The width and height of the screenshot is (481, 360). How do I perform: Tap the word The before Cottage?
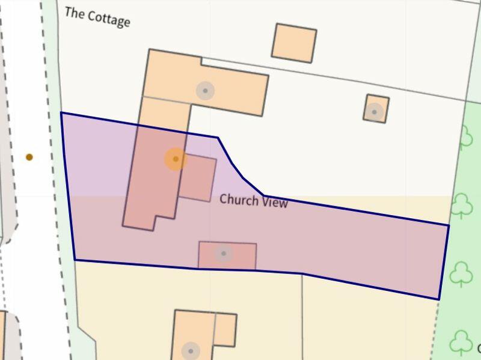pos(75,13)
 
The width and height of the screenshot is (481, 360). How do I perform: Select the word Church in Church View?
pos(239,199)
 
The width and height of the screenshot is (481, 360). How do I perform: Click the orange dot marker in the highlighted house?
pos(176,159)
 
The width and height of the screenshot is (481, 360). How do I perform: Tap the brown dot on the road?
pos(29,157)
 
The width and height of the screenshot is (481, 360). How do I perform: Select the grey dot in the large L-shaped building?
pos(205,91)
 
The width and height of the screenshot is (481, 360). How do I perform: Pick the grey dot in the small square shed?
pos(375,112)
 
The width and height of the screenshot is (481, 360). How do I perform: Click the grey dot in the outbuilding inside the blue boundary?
pos(224,254)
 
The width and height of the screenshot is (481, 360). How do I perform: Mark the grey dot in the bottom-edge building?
pos(191,351)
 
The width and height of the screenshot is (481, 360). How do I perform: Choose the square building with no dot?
pos(294,43)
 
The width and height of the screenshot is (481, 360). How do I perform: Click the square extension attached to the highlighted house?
pos(198,178)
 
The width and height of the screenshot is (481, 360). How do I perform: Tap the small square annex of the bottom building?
pos(225,329)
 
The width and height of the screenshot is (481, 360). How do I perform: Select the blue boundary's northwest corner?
pos(61,112)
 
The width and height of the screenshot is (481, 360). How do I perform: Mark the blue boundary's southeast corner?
pos(438,299)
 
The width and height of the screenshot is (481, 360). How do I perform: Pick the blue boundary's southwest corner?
pos(75,260)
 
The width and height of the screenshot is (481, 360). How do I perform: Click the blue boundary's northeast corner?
pos(449,225)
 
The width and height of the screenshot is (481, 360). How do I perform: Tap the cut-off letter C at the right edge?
pos(479,349)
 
